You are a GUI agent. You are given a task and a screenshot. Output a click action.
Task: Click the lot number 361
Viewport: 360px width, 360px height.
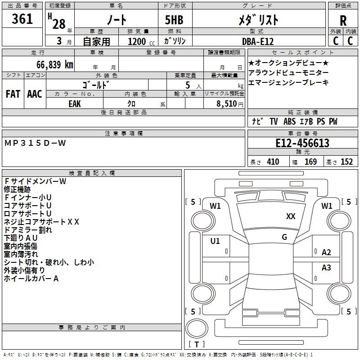[x=22, y=19]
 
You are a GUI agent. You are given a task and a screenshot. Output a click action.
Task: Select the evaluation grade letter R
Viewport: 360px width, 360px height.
[x=343, y=21]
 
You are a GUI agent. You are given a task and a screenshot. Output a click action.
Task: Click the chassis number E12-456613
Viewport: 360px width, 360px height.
[x=302, y=144]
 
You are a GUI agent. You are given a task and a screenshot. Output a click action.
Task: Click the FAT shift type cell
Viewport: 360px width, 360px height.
[x=13, y=94]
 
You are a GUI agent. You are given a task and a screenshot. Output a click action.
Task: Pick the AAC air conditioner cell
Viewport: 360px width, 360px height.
[x=35, y=94]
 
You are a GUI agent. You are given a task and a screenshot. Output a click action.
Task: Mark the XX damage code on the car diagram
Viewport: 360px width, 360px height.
[x=291, y=216]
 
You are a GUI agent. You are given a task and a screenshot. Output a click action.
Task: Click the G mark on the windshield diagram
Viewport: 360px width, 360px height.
[x=284, y=237]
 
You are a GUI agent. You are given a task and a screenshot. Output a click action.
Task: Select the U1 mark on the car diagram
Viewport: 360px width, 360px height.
[x=215, y=241]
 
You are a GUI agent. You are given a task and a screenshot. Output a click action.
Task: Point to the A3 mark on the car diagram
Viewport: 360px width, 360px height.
[x=326, y=268]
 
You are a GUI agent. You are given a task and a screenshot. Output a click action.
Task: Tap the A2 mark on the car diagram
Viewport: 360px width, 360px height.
[x=326, y=252]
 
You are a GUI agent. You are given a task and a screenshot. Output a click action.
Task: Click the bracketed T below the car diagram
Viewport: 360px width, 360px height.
[x=196, y=344]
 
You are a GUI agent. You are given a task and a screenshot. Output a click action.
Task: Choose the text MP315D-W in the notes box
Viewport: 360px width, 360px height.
[x=35, y=143]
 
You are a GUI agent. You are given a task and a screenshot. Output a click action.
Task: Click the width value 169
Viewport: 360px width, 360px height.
[x=310, y=162]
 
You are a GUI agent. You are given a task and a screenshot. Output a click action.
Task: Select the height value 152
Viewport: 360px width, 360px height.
[x=346, y=162]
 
